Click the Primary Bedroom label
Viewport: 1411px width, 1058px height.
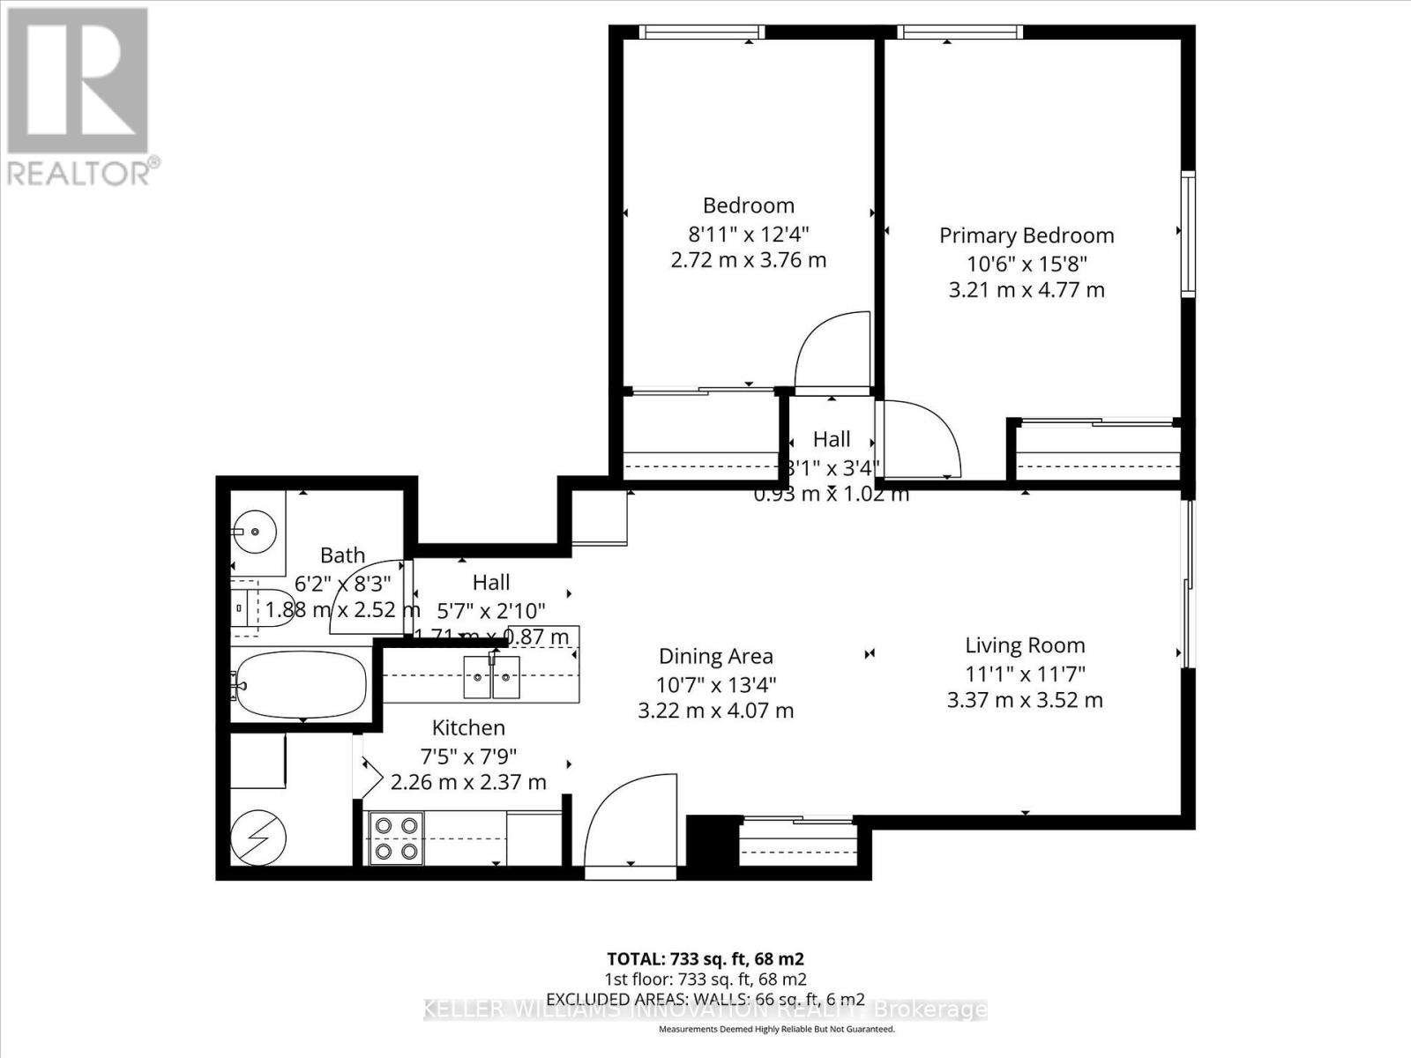click(x=1027, y=235)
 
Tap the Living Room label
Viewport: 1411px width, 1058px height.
click(x=1025, y=645)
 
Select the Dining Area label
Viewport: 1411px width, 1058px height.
click(x=715, y=656)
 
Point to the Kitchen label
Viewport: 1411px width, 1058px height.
click(x=468, y=727)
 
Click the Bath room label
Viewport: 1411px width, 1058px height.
click(x=342, y=555)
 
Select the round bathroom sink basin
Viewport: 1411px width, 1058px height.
click(x=255, y=533)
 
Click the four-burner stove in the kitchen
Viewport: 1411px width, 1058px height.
click(x=396, y=838)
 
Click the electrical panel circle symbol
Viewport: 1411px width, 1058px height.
click(x=258, y=837)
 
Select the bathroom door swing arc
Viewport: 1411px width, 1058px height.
click(x=366, y=600)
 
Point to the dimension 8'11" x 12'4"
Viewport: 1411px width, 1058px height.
click(x=748, y=234)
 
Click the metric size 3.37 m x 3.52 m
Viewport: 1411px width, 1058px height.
click(x=1025, y=700)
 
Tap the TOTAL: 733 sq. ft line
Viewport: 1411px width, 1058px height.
click(x=705, y=958)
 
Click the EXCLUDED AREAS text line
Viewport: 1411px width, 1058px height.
click(x=705, y=999)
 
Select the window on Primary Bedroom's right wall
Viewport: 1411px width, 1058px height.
click(x=1188, y=234)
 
